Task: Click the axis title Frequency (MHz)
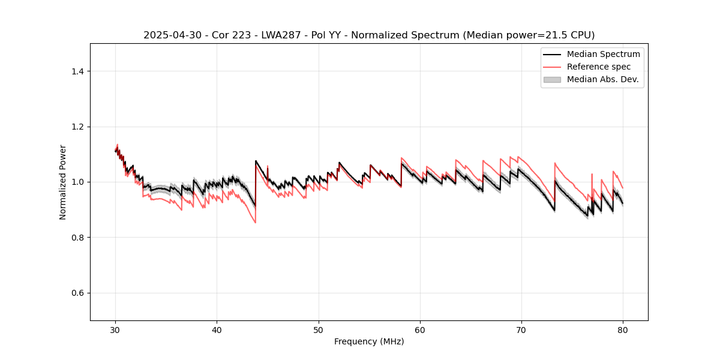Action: [x=369, y=341]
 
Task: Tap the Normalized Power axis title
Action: [x=62, y=182]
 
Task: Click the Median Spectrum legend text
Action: [x=603, y=54]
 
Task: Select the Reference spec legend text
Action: [x=599, y=67]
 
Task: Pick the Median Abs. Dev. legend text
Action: [x=602, y=79]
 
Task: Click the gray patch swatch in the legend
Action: [x=552, y=79]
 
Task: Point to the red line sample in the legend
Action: [x=552, y=67]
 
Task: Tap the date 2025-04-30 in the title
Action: [x=170, y=35]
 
